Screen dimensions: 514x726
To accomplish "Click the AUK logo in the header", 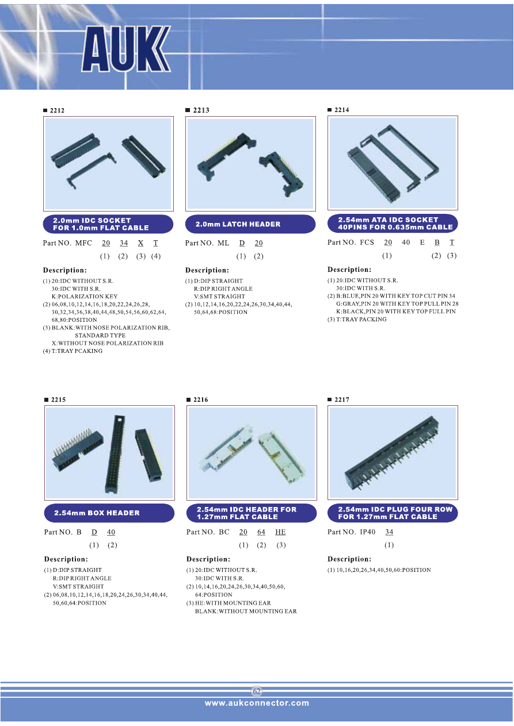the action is (x=126, y=49).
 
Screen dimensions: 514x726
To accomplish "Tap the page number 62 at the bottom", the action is (x=257, y=691).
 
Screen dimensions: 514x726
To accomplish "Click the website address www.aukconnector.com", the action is (x=257, y=703).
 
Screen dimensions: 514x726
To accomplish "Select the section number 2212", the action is (x=57, y=110).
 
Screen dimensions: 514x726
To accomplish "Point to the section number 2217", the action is (x=342, y=400).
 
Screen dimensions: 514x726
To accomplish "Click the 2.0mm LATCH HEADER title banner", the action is (x=250, y=224).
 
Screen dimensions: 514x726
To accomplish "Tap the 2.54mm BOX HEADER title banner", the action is (x=109, y=513).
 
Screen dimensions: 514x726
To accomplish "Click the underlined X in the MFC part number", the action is (x=140, y=243).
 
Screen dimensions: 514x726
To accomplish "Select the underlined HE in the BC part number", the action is (x=280, y=532).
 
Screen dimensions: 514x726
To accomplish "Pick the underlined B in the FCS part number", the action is (x=437, y=243).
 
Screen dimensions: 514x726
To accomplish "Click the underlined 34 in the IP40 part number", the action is (x=390, y=532).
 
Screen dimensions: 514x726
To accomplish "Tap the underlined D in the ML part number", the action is (x=242, y=243).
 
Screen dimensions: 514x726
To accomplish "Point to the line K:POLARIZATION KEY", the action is (x=85, y=297).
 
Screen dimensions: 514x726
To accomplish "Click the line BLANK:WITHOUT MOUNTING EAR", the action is (x=246, y=611).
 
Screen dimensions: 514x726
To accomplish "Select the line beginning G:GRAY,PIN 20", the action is (x=397, y=304).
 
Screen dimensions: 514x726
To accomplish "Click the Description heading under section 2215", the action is (x=66, y=559).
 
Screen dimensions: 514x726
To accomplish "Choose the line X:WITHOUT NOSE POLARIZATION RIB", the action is (x=108, y=343).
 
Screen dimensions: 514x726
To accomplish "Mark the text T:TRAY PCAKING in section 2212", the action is (x=77, y=351).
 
